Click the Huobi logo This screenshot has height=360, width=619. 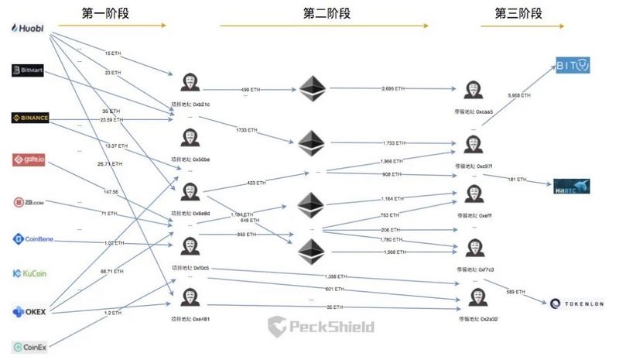coord(28,29)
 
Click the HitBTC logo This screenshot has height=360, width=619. coord(573,186)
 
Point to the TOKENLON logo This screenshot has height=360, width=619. coord(576,303)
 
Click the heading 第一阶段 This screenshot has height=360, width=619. coord(107,13)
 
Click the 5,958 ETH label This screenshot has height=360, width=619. coord(519,95)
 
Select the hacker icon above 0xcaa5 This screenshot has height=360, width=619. coord(474,90)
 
